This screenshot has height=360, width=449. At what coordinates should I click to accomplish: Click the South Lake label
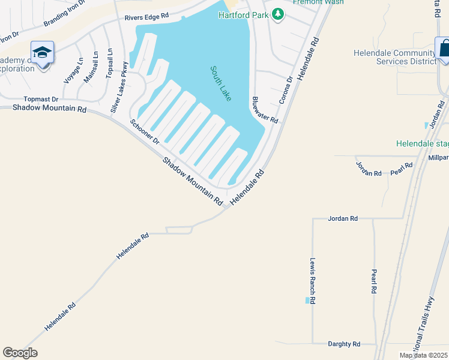[x=220, y=83]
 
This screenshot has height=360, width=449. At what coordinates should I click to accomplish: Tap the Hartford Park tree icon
[x=277, y=14]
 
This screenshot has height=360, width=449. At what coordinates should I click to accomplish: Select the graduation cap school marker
[x=43, y=53]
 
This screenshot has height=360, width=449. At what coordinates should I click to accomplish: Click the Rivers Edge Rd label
[x=146, y=17]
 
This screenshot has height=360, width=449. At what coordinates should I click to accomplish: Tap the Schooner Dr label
[x=145, y=131]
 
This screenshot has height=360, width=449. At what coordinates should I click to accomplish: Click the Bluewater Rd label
[x=265, y=110]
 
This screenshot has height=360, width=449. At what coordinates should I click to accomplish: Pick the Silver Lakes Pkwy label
[x=118, y=87]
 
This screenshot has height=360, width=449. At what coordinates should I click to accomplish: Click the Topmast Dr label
[x=41, y=99]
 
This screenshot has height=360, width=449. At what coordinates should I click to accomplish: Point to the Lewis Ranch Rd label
[x=313, y=281]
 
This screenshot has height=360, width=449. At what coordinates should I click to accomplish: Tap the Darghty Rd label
[x=344, y=344]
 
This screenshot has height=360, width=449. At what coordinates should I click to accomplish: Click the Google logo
[x=20, y=352]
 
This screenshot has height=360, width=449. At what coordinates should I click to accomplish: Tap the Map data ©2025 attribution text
[x=423, y=355]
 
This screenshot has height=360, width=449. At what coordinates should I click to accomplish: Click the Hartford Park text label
[x=243, y=14]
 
